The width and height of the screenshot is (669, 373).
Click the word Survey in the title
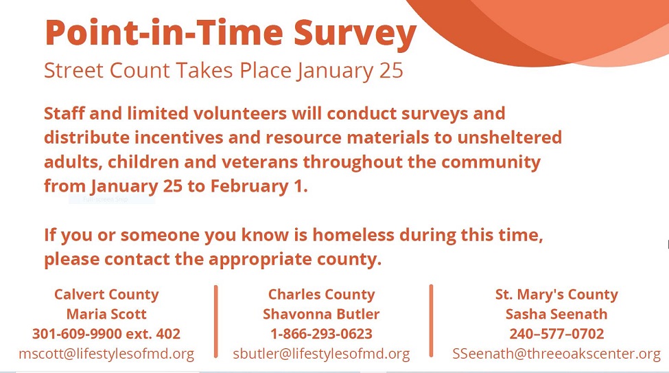(355, 34)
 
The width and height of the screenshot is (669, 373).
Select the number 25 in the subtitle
(391, 71)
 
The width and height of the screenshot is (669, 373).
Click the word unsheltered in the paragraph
(509, 137)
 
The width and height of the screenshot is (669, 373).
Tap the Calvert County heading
(106, 295)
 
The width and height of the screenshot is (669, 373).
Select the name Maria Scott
(106, 314)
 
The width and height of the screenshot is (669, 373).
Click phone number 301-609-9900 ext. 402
(106, 334)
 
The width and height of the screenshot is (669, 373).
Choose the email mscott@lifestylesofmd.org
(106, 354)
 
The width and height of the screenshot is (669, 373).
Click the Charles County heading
(321, 295)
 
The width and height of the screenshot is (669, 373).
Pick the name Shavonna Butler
(321, 314)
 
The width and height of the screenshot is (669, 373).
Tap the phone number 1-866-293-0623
(321, 334)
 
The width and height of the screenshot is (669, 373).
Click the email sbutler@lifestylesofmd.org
(321, 354)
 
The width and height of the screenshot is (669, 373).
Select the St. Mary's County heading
(556, 295)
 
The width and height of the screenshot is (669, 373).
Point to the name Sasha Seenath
(556, 314)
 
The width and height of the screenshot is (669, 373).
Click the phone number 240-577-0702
(556, 334)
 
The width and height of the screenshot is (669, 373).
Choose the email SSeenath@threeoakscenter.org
(556, 354)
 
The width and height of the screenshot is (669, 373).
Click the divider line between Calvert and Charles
(216, 321)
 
